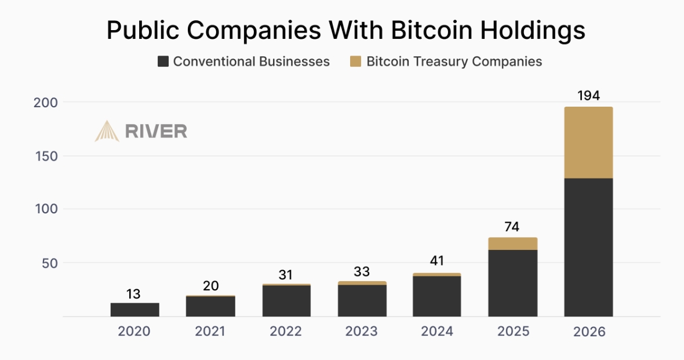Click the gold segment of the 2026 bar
point(588,143)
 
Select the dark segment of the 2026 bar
point(588,247)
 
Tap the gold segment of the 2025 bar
point(512,243)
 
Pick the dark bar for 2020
point(134,310)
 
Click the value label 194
point(588,96)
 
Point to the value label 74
point(512,227)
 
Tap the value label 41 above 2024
point(436,261)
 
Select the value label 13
point(133,294)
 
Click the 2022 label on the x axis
point(285,332)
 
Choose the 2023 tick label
point(361,332)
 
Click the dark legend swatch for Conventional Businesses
point(163,61)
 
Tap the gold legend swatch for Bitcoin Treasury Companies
point(356,61)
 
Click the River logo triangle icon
point(107,131)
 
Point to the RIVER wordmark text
point(156,132)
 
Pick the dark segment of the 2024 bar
point(436,296)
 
